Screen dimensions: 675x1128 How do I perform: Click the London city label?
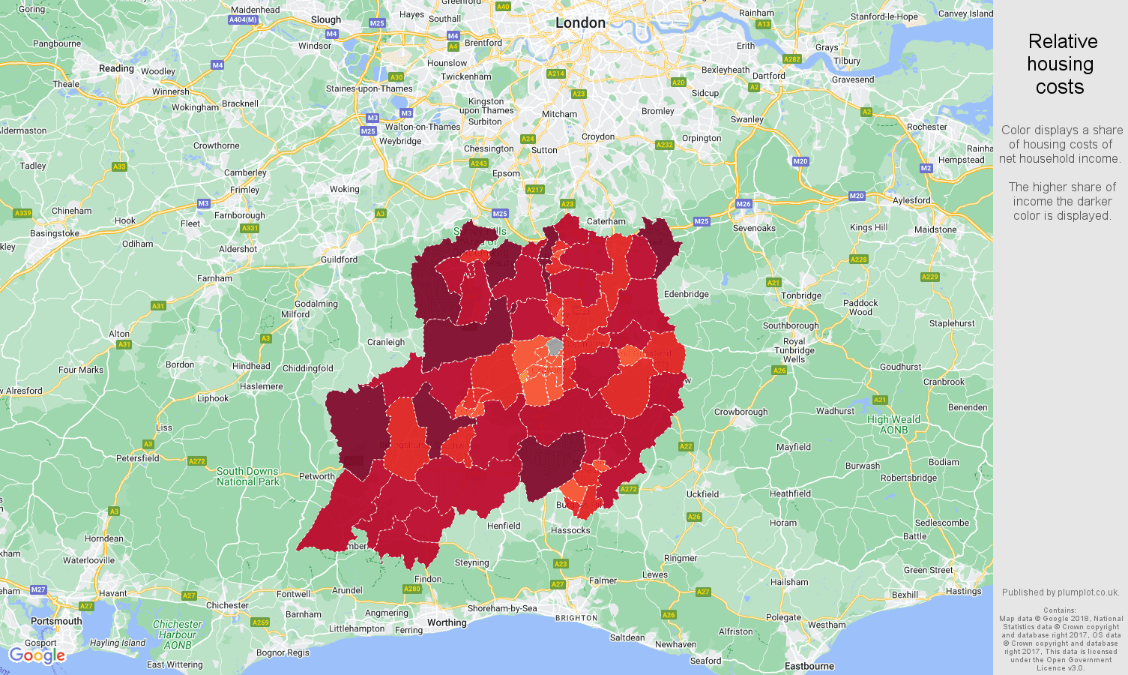(580, 23)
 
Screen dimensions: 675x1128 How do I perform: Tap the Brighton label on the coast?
(576, 618)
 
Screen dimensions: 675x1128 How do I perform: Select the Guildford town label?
(339, 259)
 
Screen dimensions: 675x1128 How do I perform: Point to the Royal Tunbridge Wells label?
(794, 350)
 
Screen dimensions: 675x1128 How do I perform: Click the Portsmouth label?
(56, 621)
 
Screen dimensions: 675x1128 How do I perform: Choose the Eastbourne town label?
(809, 666)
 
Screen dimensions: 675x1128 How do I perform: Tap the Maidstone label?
(935, 229)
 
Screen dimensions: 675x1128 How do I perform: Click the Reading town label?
(116, 68)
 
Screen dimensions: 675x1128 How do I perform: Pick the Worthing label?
(447, 622)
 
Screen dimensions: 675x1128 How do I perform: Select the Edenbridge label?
(686, 294)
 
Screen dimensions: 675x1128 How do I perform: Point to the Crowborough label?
(741, 412)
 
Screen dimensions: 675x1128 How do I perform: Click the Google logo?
(37, 656)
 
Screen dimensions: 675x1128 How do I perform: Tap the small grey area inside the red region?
(555, 346)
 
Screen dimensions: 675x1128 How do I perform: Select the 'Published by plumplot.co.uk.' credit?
(1060, 592)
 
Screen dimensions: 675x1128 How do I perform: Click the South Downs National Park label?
(247, 476)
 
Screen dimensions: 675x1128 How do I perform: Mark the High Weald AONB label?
(893, 424)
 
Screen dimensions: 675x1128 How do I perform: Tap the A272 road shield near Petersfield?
(197, 461)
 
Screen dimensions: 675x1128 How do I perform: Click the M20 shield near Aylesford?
(857, 196)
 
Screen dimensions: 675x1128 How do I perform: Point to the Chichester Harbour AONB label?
(177, 634)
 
